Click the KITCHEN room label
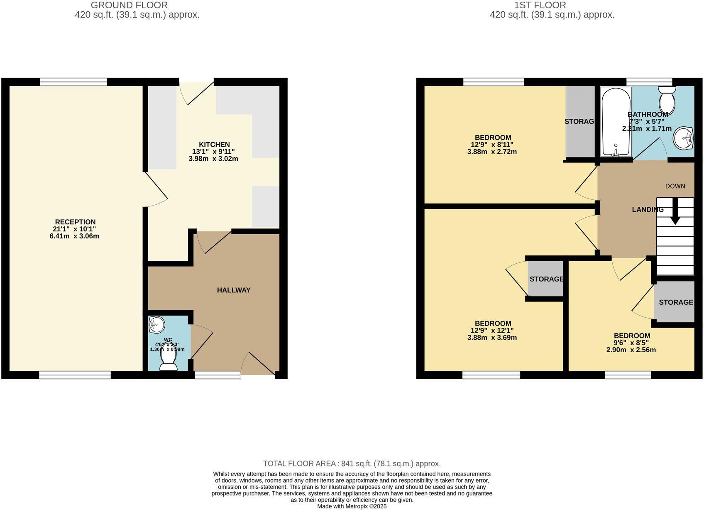coord(214,145)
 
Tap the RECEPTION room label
coord(75,222)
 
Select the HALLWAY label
coord(234,290)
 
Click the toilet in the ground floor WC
coord(169,360)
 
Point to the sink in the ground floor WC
coord(157,325)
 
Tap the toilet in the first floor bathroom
coord(667,97)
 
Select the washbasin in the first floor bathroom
coord(683,138)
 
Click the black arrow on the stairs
coord(675,212)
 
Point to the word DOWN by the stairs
coord(675,186)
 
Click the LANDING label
coord(648,210)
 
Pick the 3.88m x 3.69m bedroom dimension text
coord(492,338)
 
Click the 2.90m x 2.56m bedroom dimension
coord(631,350)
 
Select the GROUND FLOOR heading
coord(129,5)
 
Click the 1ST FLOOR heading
coord(540,5)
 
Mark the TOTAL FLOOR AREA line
coord(352,463)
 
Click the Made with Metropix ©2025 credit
coord(352,506)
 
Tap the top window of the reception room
coord(73,82)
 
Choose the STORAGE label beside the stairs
coord(676,302)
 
